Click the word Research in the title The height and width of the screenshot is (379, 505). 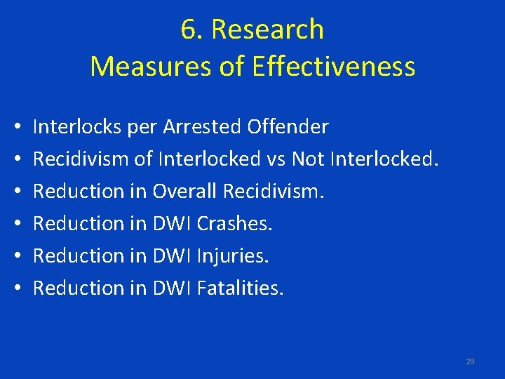(267, 29)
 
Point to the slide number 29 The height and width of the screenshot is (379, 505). (470, 361)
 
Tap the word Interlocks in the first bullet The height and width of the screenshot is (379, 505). (78, 127)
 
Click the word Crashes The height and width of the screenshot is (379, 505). (234, 224)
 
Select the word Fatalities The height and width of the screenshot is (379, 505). (241, 288)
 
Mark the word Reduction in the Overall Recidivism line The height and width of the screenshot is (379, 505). (79, 192)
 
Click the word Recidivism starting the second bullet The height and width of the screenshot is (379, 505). (81, 159)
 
